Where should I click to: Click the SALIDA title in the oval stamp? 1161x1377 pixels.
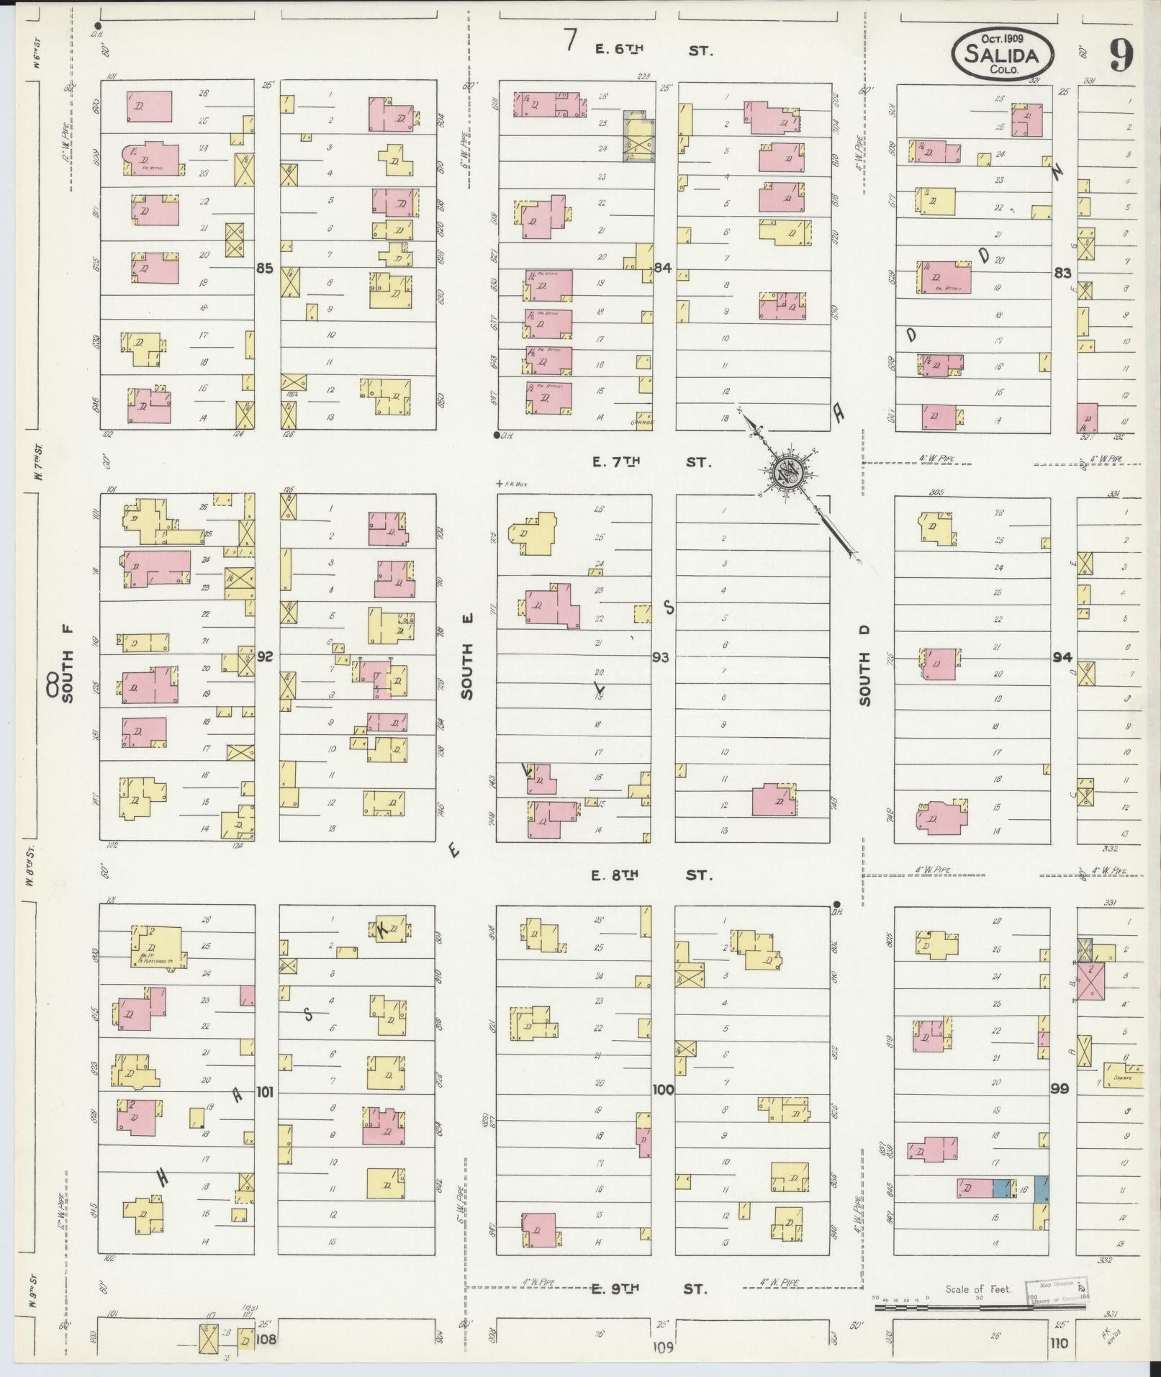point(1003,55)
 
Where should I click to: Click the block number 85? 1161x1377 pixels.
point(264,268)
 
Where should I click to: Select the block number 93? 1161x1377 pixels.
point(660,657)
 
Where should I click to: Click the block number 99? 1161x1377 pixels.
point(1059,1089)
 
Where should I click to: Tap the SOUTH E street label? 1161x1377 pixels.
point(467,672)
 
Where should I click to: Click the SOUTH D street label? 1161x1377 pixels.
point(864,666)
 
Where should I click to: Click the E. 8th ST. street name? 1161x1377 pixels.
point(651,875)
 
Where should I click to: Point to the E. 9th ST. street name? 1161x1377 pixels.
point(650,1288)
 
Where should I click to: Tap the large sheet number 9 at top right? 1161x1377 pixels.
point(1121,55)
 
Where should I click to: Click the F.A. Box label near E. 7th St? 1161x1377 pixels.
point(512,484)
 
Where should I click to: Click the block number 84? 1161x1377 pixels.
point(662,268)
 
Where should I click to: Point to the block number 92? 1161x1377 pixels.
point(265,656)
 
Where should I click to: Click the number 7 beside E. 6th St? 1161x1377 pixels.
point(570,41)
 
